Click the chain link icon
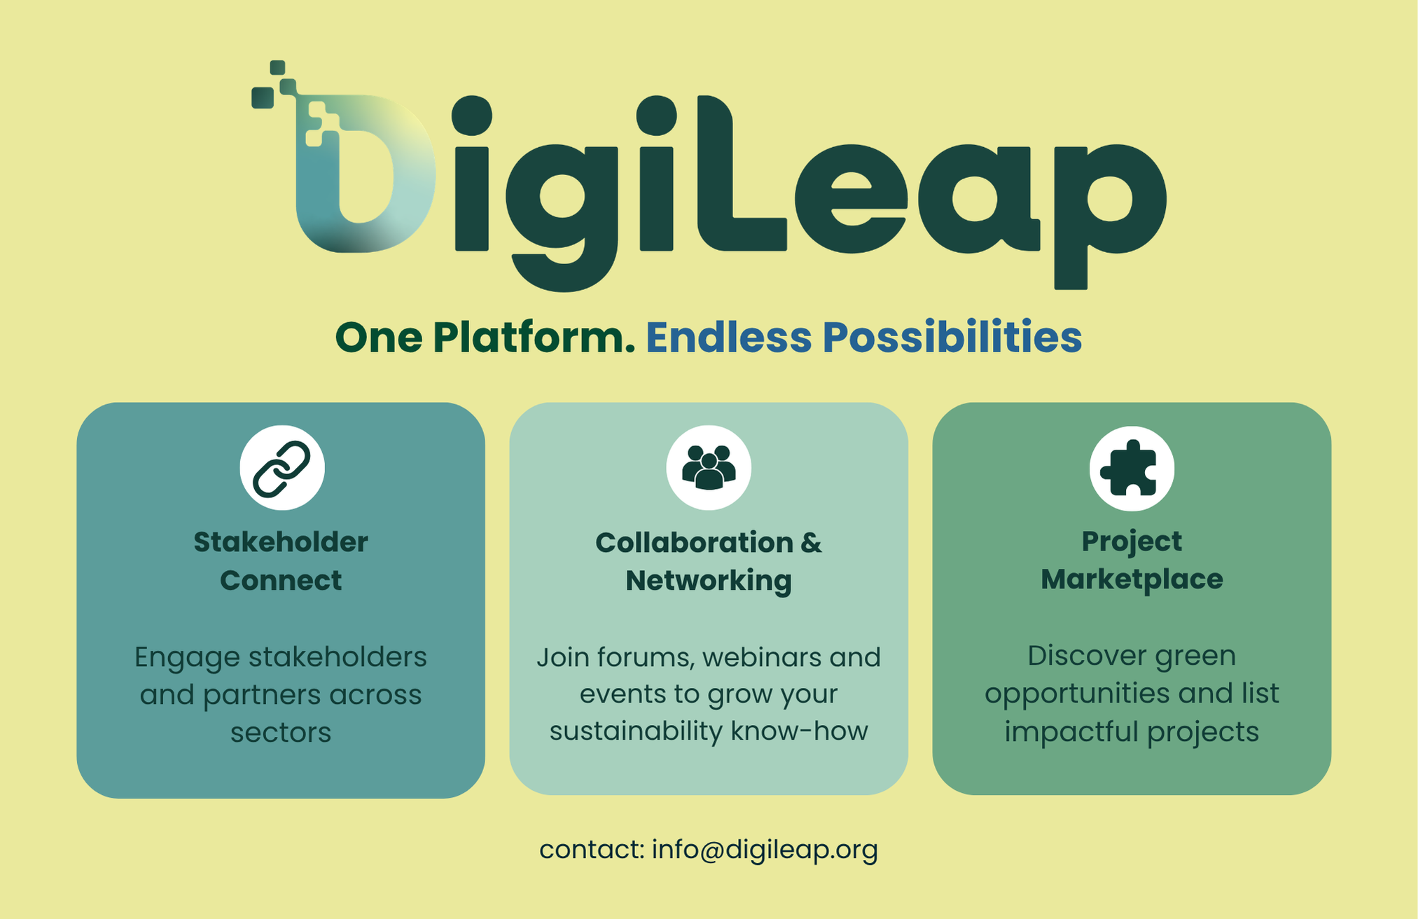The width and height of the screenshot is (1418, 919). (281, 469)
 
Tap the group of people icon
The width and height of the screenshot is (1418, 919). (709, 467)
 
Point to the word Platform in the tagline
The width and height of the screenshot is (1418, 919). (534, 338)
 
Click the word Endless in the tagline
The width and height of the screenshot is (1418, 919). (729, 337)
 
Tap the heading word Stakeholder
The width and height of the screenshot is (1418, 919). (281, 542)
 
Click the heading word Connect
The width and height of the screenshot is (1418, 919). (281, 581)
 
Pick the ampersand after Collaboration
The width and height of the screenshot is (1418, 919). (811, 543)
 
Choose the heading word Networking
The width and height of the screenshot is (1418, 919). (709, 581)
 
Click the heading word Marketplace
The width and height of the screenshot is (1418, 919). (1132, 579)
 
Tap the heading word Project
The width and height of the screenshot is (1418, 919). (1132, 541)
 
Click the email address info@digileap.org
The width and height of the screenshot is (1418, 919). (765, 850)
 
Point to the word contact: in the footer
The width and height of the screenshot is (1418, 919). (592, 850)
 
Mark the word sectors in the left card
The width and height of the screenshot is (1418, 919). (281, 733)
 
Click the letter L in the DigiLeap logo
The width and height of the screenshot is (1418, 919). (743, 173)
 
